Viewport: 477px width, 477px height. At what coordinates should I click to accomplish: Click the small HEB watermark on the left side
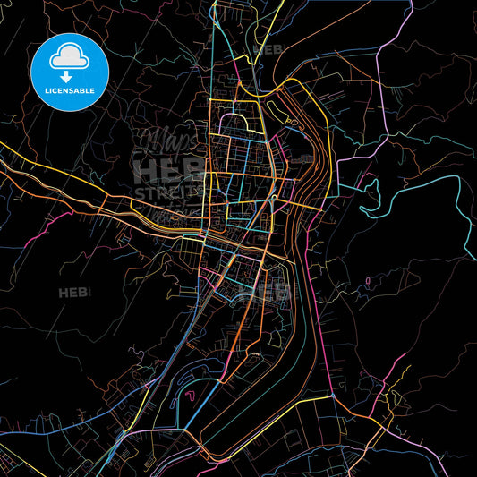tap(71, 293)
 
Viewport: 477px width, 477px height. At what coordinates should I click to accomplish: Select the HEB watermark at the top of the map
tap(268, 49)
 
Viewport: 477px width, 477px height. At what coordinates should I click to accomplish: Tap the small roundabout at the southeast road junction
tap(332, 395)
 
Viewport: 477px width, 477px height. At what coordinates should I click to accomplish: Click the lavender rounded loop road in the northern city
tap(234, 125)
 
